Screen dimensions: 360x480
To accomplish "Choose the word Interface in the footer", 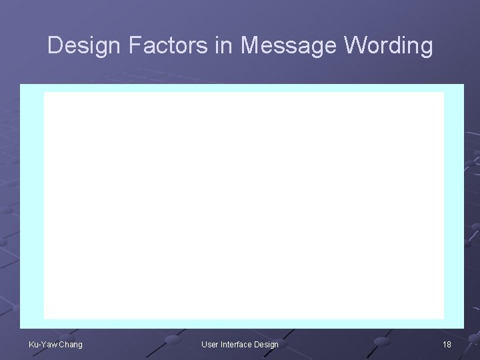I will point(237,344).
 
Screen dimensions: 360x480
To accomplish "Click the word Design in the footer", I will point(266,344).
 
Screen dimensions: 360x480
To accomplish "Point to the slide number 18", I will point(447,344).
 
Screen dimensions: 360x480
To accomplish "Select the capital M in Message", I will point(250,46).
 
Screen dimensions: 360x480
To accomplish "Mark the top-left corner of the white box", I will point(45,93).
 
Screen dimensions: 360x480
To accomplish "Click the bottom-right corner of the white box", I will point(443,319).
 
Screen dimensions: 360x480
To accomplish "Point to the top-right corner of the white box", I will point(443,93).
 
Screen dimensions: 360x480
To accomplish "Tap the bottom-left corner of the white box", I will point(45,319).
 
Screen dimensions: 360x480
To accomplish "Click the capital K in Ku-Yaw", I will point(31,344).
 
